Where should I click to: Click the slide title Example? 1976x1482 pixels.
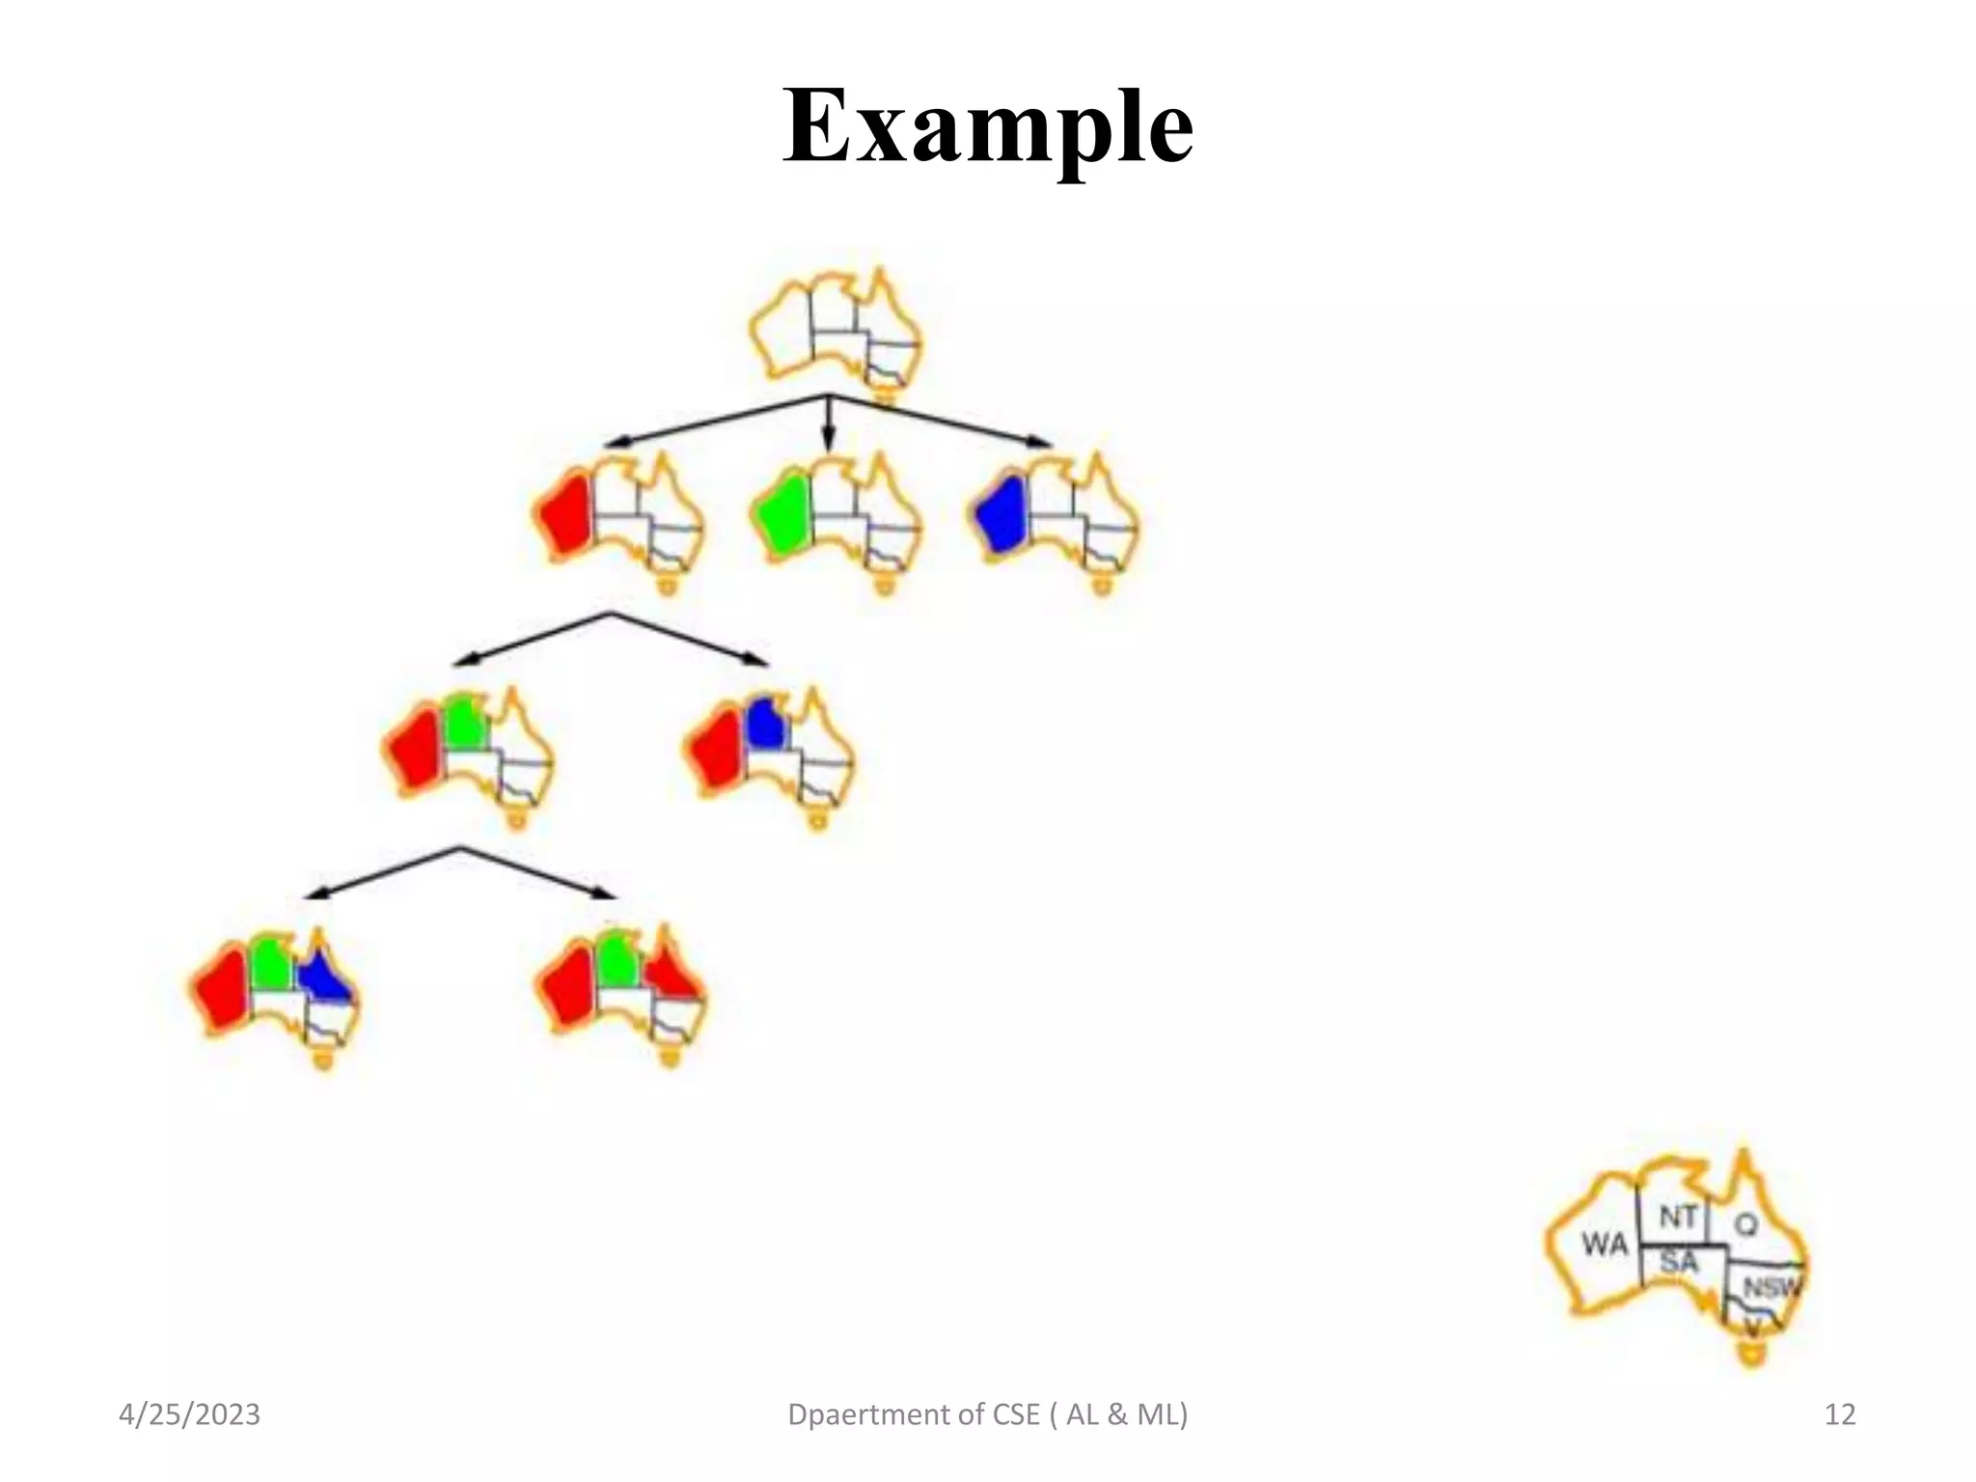click(987, 126)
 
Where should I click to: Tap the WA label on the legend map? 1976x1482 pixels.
click(1604, 1245)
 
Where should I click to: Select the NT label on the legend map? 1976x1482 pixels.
click(1678, 1217)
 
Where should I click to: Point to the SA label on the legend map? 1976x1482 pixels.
click(1679, 1261)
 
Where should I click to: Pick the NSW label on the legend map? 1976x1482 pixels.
click(1770, 1287)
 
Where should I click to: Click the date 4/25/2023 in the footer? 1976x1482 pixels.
click(189, 1414)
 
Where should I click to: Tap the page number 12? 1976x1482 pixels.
click(1839, 1414)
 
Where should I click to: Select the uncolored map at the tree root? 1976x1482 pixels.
click(836, 333)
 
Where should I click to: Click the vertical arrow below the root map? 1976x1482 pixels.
click(828, 425)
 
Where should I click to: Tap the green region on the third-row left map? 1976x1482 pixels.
click(465, 722)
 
